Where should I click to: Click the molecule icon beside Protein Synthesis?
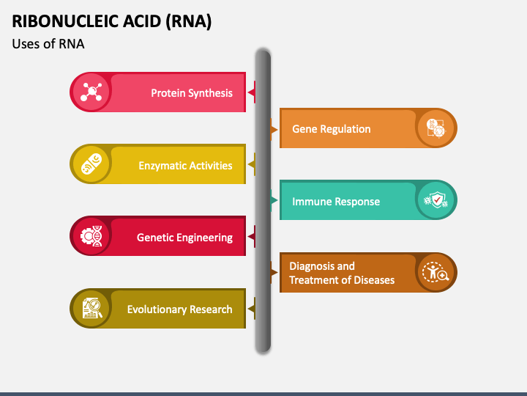coord(91,92)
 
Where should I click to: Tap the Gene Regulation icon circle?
coord(436,128)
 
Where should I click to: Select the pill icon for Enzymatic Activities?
coord(91,164)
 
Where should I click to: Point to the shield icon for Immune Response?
coord(436,200)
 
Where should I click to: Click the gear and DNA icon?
coord(91,235)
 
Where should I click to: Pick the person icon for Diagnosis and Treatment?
coord(436,272)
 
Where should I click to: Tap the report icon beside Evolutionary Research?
coord(91,308)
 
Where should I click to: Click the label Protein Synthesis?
coord(192,93)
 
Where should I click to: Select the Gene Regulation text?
coord(332,129)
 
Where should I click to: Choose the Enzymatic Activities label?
coord(185,165)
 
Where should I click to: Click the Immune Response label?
coord(336,202)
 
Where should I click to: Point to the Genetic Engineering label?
coord(184,238)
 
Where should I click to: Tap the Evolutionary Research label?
coord(179,309)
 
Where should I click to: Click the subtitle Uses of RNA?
coord(48,44)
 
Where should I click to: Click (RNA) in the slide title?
coord(189,21)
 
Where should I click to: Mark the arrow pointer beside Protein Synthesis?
coord(251,92)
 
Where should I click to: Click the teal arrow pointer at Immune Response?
coord(274,200)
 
